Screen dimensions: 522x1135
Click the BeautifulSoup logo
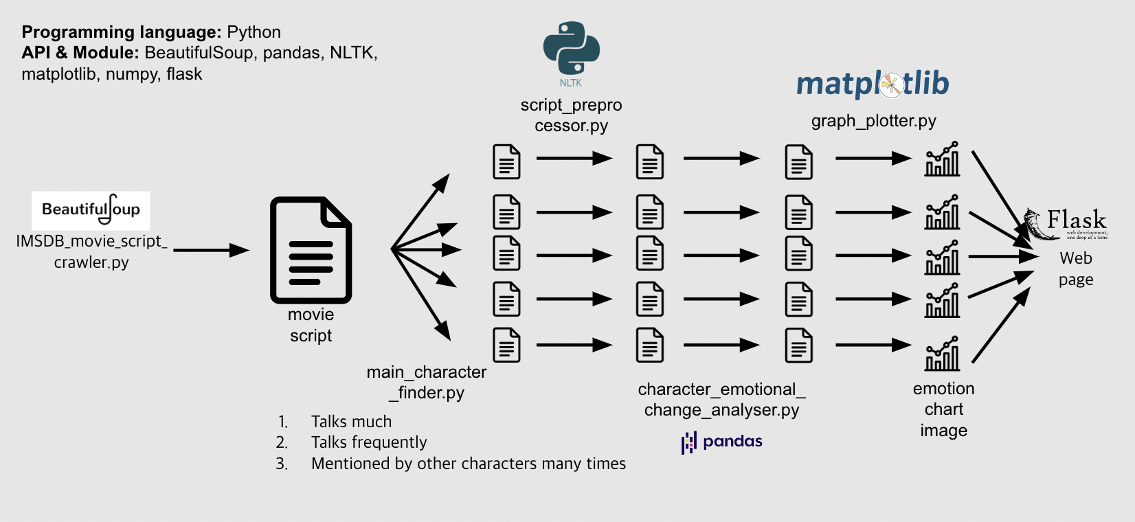(x=91, y=210)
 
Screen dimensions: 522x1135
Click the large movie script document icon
(x=311, y=251)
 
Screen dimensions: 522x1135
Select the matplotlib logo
(x=873, y=84)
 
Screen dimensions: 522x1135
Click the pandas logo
(x=721, y=442)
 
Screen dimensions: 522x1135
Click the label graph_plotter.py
(x=873, y=121)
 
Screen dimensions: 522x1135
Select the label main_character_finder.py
(x=427, y=382)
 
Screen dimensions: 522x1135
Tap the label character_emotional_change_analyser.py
(x=721, y=399)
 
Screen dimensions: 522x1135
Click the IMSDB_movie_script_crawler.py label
(x=91, y=251)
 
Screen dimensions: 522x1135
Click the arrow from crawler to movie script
(x=210, y=250)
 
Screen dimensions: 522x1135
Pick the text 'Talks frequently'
(x=369, y=442)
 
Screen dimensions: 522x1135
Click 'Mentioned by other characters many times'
(x=468, y=464)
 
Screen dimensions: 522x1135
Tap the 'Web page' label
(x=1075, y=269)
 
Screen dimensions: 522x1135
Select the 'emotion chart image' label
(x=943, y=409)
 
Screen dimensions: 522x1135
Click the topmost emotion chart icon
(x=942, y=159)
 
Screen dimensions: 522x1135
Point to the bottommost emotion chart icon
(x=942, y=354)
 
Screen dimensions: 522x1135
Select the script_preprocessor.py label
(x=571, y=115)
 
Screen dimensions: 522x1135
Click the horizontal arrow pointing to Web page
(x=1002, y=256)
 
